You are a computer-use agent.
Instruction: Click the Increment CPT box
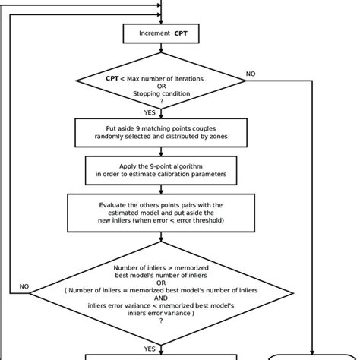tap(160, 33)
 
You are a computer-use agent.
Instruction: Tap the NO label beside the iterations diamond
tap(251, 74)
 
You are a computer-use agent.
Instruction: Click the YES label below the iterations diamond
tap(149, 112)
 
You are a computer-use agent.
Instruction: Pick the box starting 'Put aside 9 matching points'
tap(160, 132)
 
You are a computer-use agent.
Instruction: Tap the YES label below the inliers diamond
tap(149, 349)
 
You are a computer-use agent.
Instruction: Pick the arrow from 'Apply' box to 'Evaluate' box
tap(161, 188)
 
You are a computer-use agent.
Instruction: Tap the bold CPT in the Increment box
tap(180, 33)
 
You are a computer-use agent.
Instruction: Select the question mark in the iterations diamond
tap(161, 103)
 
